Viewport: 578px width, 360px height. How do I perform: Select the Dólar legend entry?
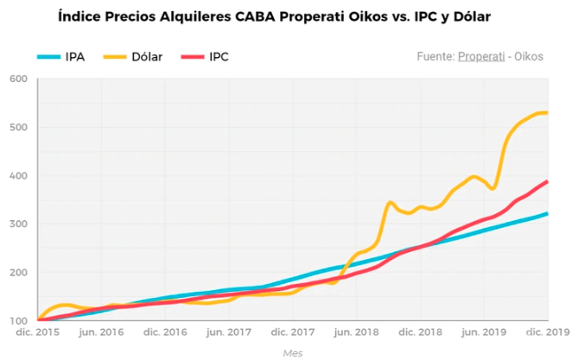pyautogui.click(x=133, y=57)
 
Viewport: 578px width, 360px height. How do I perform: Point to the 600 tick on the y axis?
pyautogui.click(x=18, y=79)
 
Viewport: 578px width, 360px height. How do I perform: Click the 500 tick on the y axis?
pyautogui.click(x=18, y=128)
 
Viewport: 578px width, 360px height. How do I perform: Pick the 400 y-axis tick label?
pyautogui.click(x=18, y=176)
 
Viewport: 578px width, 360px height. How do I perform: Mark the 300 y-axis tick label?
pyautogui.click(x=18, y=224)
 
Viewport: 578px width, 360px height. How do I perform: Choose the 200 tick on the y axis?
pyautogui.click(x=18, y=273)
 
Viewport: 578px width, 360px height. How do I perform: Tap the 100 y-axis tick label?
pyautogui.click(x=18, y=321)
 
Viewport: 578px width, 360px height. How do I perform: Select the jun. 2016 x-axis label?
pyautogui.click(x=100, y=332)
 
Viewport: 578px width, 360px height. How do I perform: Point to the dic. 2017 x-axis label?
pyautogui.click(x=290, y=332)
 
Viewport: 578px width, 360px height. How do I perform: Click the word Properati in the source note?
pyautogui.click(x=482, y=56)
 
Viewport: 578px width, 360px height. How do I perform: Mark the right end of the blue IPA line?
pyautogui.click(x=548, y=213)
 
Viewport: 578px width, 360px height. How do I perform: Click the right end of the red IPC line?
pyautogui.click(x=548, y=181)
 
